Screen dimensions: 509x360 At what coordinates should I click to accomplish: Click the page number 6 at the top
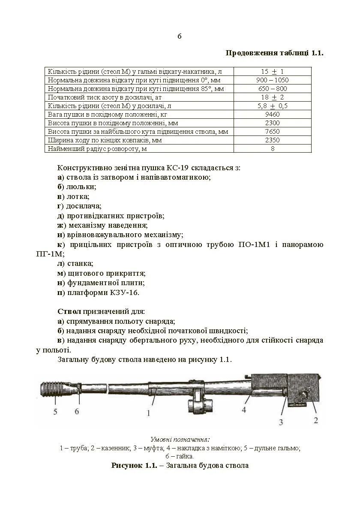pos(180,36)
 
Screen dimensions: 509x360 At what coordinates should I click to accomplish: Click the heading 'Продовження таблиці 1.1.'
pos(274,53)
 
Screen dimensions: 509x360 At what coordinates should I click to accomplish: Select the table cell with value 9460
pos(273,114)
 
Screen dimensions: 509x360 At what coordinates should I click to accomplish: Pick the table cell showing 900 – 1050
pos(273,80)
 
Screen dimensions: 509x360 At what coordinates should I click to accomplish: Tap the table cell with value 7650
pos(273,132)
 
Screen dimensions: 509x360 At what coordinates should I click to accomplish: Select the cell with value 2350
pos(273,140)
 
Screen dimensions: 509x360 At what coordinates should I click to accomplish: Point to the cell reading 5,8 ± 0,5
pos(273,106)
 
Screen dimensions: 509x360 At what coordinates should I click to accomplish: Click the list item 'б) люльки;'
pos(77,187)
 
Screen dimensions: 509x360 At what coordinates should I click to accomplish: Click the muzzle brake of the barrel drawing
pos(54,389)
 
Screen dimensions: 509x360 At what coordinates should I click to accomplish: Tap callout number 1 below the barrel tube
pos(148,413)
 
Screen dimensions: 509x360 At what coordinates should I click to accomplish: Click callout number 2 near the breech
pos(316,420)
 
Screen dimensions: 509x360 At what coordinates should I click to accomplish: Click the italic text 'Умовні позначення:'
pos(180,440)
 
